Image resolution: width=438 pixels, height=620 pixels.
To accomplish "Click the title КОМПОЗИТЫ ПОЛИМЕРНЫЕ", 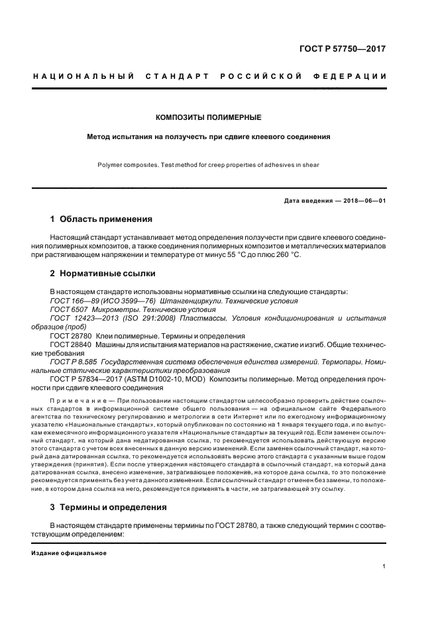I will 208,117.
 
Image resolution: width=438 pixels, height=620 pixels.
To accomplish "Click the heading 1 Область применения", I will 101,219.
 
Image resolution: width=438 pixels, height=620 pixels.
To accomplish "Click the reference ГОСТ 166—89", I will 71,301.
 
